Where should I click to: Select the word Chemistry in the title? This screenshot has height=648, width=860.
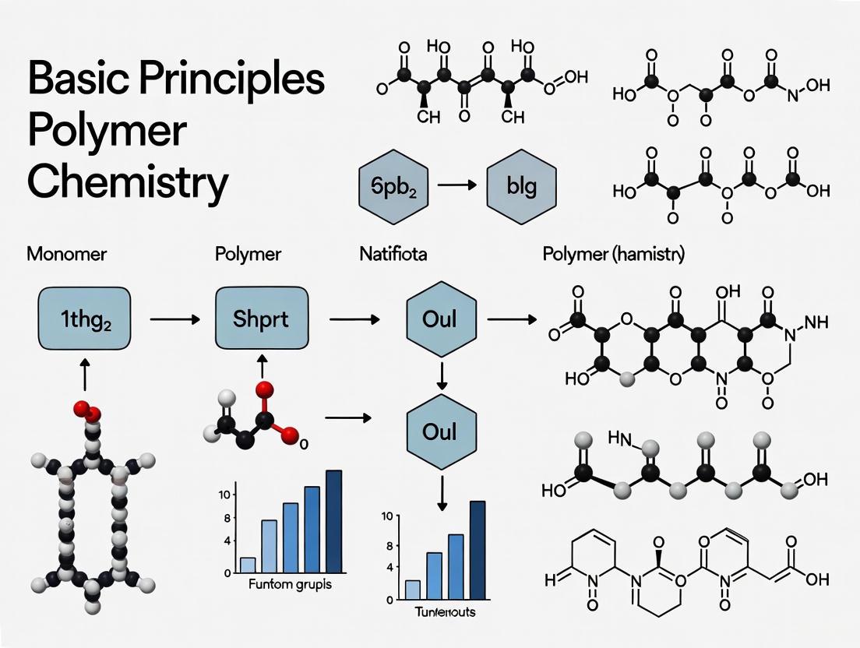tap(128, 181)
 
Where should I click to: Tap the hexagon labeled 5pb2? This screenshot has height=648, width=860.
tap(392, 188)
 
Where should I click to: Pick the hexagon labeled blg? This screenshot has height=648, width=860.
tap(520, 188)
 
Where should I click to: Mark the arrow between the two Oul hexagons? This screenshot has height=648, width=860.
tap(442, 375)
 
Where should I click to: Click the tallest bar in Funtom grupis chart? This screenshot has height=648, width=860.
tap(334, 520)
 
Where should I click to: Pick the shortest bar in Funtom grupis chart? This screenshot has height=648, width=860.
tap(248, 565)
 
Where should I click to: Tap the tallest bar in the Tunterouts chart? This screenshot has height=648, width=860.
tap(478, 551)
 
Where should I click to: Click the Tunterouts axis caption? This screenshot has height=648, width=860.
tap(442, 612)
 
